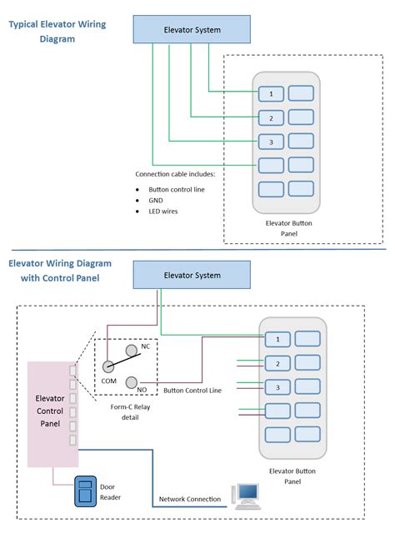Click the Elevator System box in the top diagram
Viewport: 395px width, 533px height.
[192, 31]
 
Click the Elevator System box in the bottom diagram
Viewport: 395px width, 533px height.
[192, 275]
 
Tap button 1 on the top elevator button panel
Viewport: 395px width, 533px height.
[271, 93]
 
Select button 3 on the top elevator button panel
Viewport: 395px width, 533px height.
[271, 141]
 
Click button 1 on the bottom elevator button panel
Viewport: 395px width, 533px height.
[277, 338]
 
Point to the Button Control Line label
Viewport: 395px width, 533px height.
[192, 391]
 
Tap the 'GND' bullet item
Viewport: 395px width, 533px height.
[157, 200]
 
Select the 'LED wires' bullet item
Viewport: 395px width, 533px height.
[163, 212]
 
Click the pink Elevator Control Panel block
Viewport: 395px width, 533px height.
[51, 414]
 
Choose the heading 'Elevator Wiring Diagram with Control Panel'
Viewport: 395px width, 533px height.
[59, 270]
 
